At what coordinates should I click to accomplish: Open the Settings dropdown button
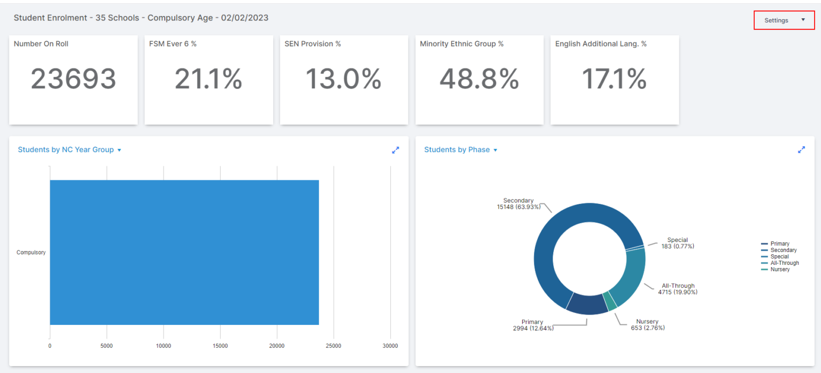coord(784,20)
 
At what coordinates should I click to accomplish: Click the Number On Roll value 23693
coord(73,79)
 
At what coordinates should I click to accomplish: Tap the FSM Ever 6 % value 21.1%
coord(208,79)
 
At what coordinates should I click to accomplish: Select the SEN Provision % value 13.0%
coord(343,79)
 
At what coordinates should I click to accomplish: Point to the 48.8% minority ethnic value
coord(479,79)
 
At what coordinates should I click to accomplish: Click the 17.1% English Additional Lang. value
coord(614,79)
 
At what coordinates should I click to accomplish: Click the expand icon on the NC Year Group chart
coord(396,150)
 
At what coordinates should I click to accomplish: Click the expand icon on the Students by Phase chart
coord(801,150)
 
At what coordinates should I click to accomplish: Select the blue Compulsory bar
coord(184,252)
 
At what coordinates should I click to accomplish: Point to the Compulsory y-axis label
coord(31,252)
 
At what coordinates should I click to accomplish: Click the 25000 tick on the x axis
coord(334,346)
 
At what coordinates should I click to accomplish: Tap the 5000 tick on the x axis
coord(106,346)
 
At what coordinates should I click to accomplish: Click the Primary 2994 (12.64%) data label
coord(533,325)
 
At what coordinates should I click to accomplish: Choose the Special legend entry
coord(779,256)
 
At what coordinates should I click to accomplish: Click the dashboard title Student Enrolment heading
coord(141,18)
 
